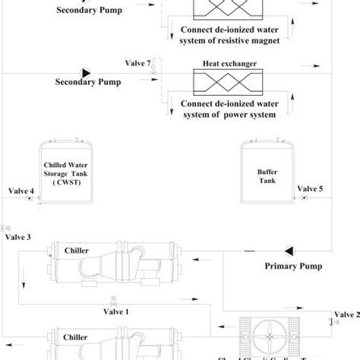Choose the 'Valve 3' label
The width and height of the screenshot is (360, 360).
(x=18, y=237)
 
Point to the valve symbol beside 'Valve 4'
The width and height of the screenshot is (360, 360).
(x=28, y=199)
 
